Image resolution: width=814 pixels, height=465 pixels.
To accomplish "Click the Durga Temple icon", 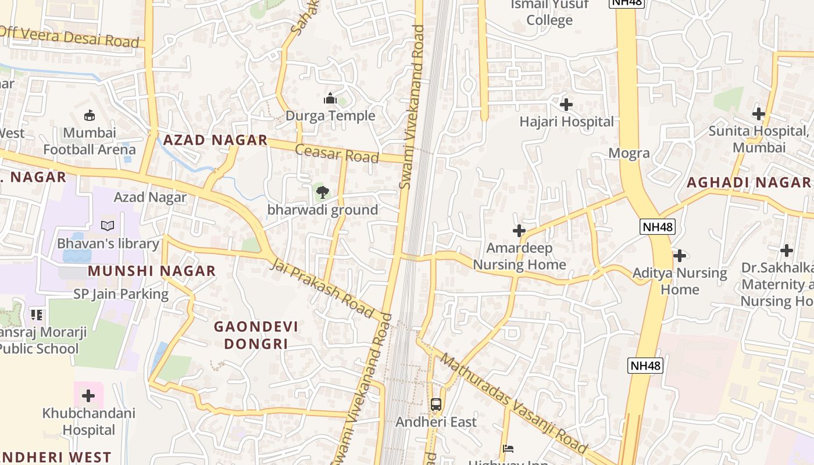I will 330,98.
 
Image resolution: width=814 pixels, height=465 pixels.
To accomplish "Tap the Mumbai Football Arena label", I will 90,141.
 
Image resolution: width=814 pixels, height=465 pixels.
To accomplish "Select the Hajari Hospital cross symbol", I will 566,105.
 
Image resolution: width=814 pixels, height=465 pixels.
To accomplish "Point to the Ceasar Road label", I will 337,153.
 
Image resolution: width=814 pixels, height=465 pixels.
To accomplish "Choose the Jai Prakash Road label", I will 322,288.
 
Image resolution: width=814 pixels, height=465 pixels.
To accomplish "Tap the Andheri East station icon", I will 435,404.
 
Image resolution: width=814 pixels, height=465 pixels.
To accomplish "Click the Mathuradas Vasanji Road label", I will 513,402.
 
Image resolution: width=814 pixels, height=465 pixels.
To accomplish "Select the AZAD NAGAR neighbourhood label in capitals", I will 215,140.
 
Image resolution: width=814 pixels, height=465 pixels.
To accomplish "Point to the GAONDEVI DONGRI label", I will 256,335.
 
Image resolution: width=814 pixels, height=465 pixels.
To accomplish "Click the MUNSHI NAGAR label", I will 152,271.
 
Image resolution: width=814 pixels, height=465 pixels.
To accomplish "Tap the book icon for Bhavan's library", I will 108,226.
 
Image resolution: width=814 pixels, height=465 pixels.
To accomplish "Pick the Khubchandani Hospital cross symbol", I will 88,396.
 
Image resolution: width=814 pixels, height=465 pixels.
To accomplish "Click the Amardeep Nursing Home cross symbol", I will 519,231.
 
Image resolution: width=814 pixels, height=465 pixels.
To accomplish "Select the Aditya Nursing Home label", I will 680,281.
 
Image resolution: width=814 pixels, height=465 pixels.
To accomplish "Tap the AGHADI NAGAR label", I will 748,183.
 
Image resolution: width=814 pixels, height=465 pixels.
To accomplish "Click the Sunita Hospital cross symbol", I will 758,114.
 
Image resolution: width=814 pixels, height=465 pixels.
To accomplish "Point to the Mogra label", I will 629,153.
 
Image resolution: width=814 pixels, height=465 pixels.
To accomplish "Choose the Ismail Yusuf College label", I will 549,12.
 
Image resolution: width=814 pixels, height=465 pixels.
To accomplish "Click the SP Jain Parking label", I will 121,294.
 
